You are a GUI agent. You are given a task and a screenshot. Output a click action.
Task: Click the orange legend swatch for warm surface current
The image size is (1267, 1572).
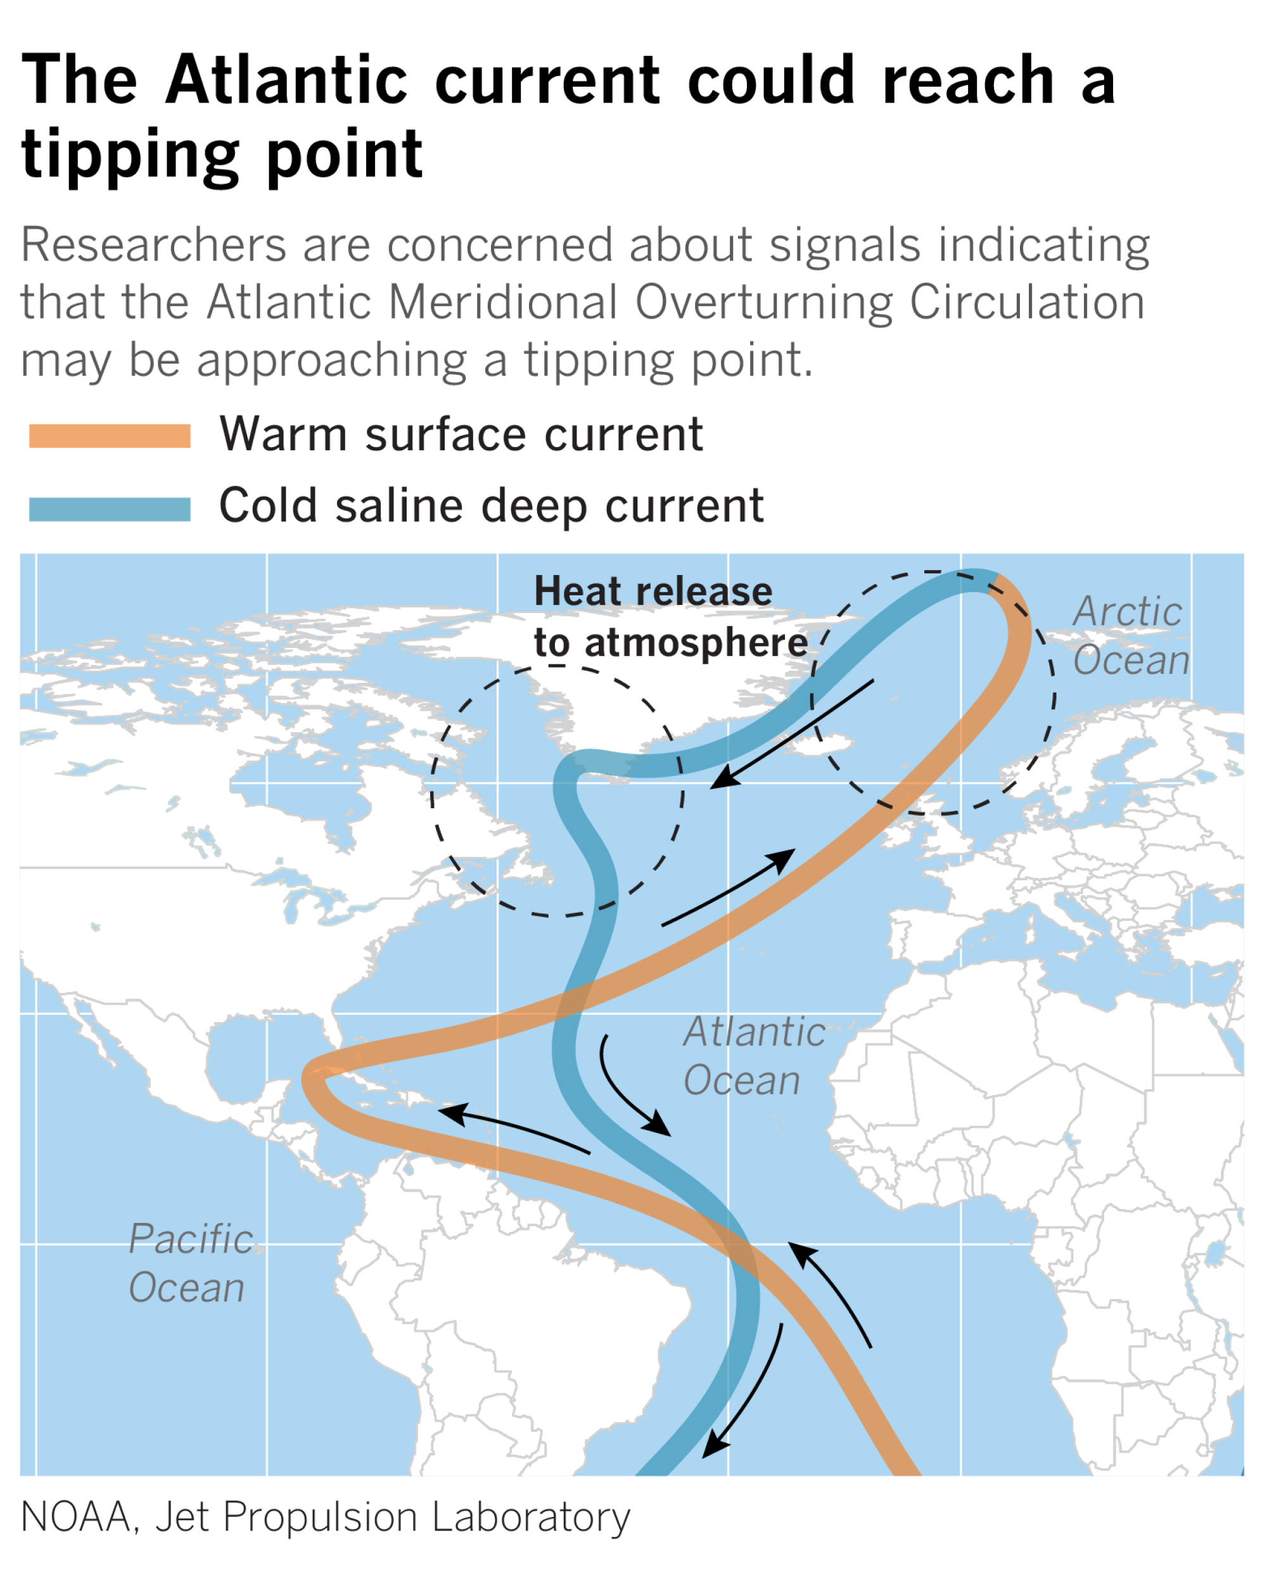(110, 435)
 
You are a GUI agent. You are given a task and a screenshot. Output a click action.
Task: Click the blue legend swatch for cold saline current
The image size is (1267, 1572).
(110, 509)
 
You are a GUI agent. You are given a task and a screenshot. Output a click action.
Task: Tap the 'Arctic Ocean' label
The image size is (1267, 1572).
(1130, 635)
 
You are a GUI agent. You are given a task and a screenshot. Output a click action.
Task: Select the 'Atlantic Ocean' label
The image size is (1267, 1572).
(753, 1056)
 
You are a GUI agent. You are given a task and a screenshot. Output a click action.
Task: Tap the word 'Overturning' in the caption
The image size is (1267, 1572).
(763, 302)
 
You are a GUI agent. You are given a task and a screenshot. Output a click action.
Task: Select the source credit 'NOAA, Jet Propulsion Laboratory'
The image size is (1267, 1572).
(325, 1518)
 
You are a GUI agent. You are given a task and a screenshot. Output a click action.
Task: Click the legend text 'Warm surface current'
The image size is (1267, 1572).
(461, 434)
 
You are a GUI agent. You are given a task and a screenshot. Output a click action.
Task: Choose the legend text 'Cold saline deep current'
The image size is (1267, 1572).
(491, 505)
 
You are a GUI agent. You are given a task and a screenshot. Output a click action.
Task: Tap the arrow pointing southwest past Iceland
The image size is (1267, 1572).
(792, 733)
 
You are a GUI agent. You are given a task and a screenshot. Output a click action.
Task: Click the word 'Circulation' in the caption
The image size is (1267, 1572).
(1027, 302)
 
